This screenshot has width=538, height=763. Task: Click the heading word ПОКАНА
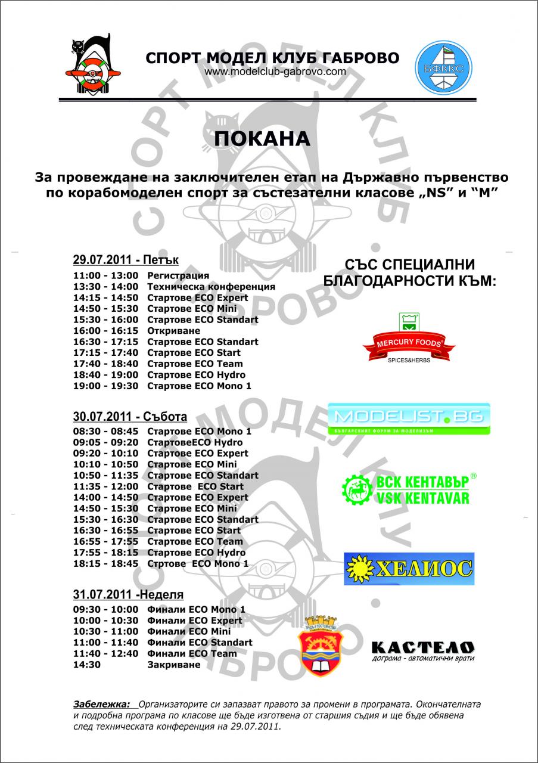263,138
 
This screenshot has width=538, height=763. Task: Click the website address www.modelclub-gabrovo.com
275,72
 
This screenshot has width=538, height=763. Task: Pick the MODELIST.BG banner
409,418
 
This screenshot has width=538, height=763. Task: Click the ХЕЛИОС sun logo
409,567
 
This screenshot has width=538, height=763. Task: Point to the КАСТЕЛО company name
422,647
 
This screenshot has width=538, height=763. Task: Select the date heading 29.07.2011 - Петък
126,260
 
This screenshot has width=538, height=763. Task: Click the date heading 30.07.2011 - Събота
130,416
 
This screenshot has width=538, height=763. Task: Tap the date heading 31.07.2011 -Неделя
128,594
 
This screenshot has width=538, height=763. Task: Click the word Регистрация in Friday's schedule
178,275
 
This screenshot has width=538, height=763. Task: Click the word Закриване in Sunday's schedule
174,665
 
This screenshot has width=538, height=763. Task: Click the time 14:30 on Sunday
85,665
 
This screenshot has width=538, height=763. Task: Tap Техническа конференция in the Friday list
211,287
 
